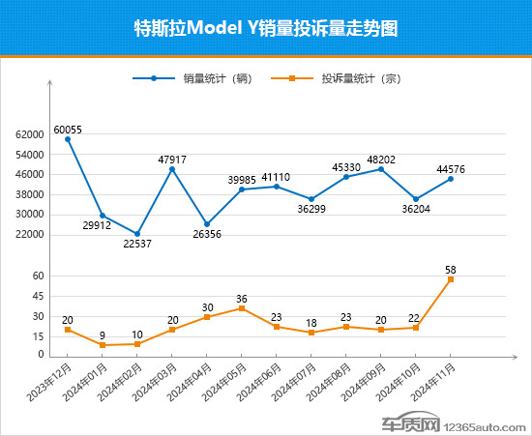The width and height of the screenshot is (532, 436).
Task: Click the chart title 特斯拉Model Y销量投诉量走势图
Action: click(x=265, y=28)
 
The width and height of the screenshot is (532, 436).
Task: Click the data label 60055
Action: click(x=68, y=130)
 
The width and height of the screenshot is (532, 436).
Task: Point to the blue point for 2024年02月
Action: click(x=137, y=234)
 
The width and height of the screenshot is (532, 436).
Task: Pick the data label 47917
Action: click(x=172, y=160)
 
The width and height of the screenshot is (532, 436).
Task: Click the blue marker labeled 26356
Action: click(x=207, y=224)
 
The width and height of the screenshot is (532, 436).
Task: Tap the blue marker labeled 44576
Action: click(x=451, y=179)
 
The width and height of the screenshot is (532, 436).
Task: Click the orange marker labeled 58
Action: click(x=451, y=279)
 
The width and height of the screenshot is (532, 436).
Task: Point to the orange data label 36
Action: click(x=242, y=299)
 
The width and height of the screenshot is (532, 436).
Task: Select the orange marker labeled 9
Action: click(x=103, y=345)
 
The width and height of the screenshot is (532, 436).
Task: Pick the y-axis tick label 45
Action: click(x=39, y=296)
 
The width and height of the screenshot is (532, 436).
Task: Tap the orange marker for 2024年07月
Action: click(x=311, y=333)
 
